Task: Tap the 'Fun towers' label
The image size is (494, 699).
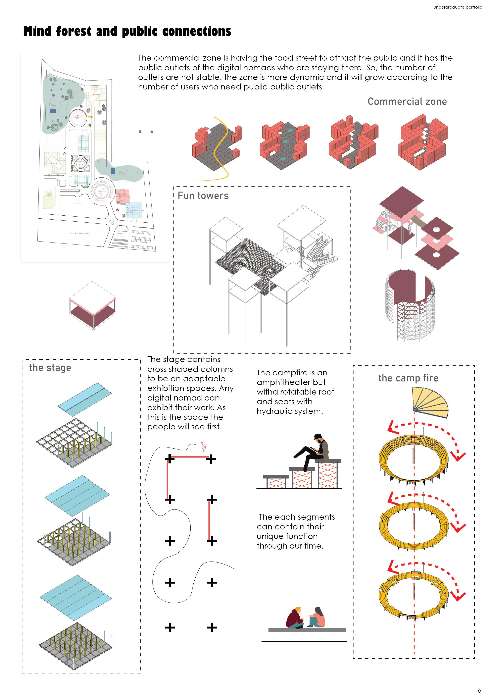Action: point(203,195)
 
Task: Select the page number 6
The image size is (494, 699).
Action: point(479,690)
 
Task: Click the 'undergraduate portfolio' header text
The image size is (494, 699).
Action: point(458,7)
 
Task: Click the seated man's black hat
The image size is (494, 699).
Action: point(318,436)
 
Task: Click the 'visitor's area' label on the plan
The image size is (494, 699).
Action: point(101,192)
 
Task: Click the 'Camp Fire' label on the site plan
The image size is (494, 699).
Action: point(77,116)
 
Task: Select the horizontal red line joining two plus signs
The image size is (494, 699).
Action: point(190,457)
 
